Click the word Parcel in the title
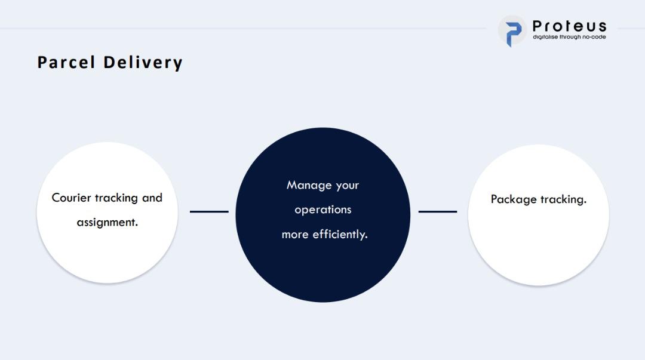(x=66, y=63)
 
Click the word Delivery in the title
(x=143, y=63)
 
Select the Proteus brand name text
(x=569, y=26)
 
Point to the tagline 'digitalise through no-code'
(x=569, y=36)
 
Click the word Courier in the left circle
(x=71, y=198)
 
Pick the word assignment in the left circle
(x=107, y=223)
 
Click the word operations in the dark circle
(x=323, y=210)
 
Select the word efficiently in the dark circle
(x=340, y=235)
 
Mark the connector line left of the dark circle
(x=209, y=211)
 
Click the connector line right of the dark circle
(x=438, y=211)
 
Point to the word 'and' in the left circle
(x=152, y=198)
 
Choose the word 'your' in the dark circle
(x=348, y=186)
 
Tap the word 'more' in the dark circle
(x=295, y=235)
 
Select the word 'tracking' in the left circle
(x=116, y=198)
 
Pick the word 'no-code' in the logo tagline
(x=594, y=36)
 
